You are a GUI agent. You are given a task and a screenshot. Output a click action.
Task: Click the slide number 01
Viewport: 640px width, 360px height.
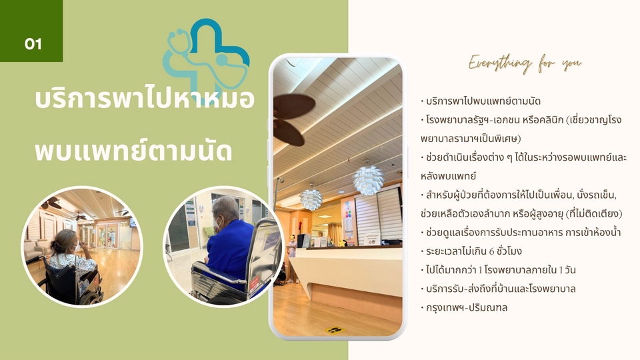point(33,44)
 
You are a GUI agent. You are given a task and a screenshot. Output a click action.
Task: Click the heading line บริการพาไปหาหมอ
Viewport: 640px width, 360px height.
point(144,100)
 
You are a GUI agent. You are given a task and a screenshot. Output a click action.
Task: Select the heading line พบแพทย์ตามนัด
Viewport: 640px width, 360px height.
point(133,151)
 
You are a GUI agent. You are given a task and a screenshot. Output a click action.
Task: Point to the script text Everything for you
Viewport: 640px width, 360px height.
point(525,63)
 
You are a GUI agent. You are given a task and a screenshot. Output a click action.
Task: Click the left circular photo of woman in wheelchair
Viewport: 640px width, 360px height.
point(73,247)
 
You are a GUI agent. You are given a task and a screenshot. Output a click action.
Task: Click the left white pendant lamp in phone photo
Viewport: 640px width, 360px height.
point(311,198)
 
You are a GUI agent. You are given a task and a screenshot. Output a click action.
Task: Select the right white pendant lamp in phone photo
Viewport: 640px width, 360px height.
point(367,179)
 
